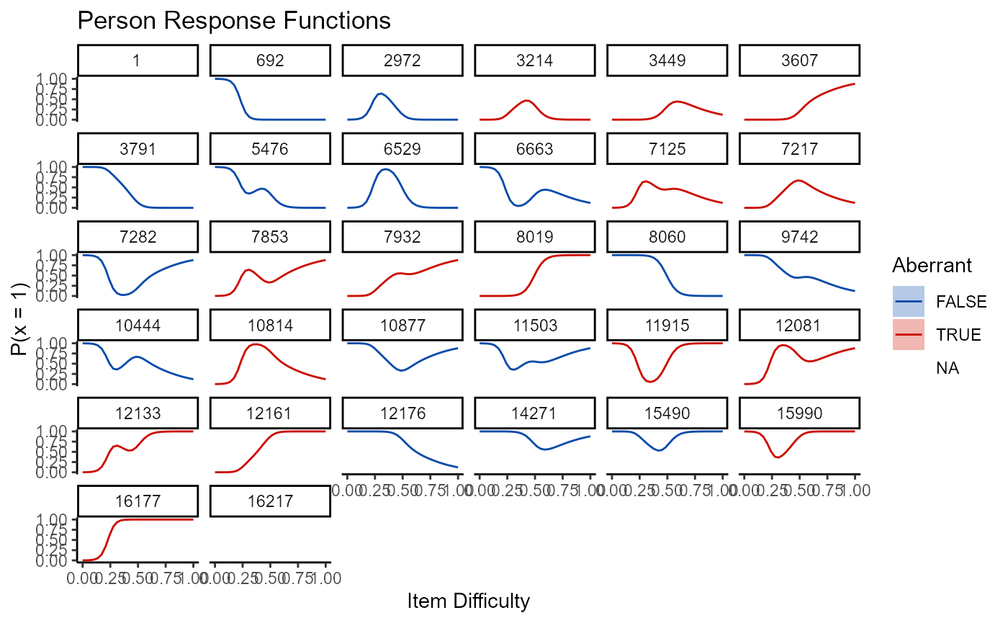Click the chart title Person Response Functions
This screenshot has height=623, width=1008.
[x=233, y=21]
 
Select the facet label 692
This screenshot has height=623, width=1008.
[x=270, y=60]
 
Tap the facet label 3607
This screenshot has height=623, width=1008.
[x=799, y=60]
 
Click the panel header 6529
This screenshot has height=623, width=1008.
[x=402, y=148]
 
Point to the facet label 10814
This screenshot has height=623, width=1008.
[x=270, y=325]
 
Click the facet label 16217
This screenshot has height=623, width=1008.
[x=270, y=501]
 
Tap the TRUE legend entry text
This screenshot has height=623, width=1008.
[x=958, y=335]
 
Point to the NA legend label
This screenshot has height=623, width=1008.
[x=948, y=368]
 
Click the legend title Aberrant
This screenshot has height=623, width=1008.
[x=932, y=266]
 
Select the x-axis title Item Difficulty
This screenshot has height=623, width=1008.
[x=468, y=601]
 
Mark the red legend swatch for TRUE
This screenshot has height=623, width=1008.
[x=909, y=335]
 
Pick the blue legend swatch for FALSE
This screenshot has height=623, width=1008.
[x=909, y=302]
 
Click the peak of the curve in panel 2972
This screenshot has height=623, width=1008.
[x=381, y=93]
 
